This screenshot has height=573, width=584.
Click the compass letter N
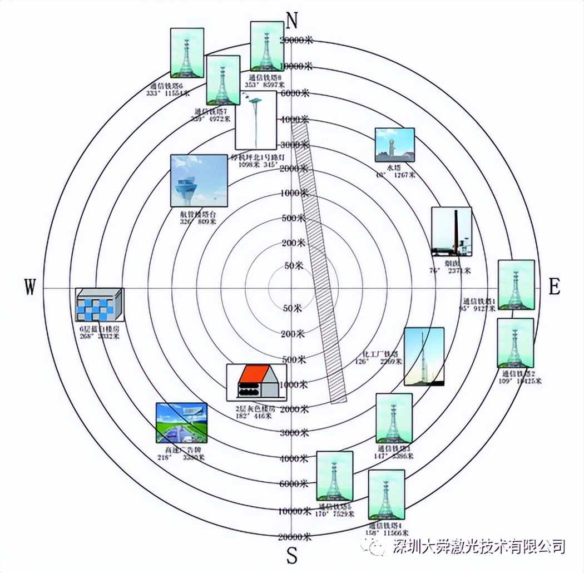(293, 19)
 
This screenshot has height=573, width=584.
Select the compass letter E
(554, 287)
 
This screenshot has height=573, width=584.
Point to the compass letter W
(30, 288)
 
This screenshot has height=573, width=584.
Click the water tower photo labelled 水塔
(394, 145)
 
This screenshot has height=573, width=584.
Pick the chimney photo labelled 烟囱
(452, 232)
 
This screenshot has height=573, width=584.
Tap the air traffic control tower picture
(190, 181)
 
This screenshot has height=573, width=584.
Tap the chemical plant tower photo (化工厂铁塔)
(424, 357)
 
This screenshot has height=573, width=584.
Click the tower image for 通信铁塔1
(516, 284)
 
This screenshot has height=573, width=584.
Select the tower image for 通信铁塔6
(187, 52)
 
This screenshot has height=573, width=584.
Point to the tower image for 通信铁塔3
(394, 418)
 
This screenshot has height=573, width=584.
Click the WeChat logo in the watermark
(374, 545)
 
